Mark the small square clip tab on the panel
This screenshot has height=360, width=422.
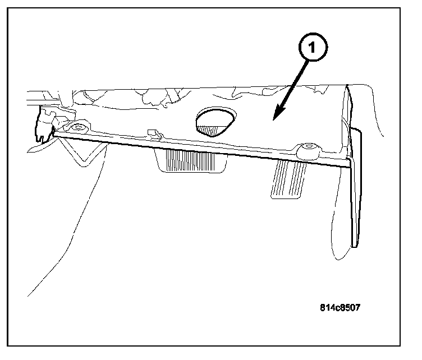pyautogui.click(x=151, y=133)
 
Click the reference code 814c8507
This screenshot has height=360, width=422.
pyautogui.click(x=340, y=307)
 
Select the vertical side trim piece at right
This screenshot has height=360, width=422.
pyautogui.click(x=355, y=185)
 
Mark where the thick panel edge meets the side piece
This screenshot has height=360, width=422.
pyautogui.click(x=348, y=163)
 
